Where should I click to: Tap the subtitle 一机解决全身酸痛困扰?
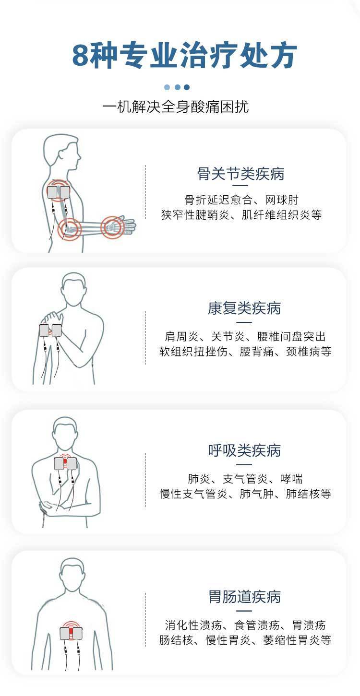pyautogui.click(x=176, y=106)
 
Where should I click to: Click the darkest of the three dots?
pyautogui.click(x=187, y=87)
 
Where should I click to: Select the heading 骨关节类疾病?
pyautogui.click(x=241, y=174)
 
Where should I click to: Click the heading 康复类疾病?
pyautogui.click(x=244, y=308)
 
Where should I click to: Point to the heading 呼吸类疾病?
pyautogui.click(x=244, y=450)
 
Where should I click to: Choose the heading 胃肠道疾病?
pyautogui.click(x=244, y=597)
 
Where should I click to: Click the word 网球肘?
pyautogui.click(x=282, y=200)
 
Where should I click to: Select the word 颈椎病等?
pyautogui.click(x=309, y=352)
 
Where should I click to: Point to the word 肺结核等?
pyautogui.click(x=308, y=494)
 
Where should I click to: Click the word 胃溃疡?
pyautogui.click(x=309, y=625)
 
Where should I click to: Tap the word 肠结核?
pyautogui.click(x=176, y=640)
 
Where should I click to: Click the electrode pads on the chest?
pyautogui.click(x=65, y=463)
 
